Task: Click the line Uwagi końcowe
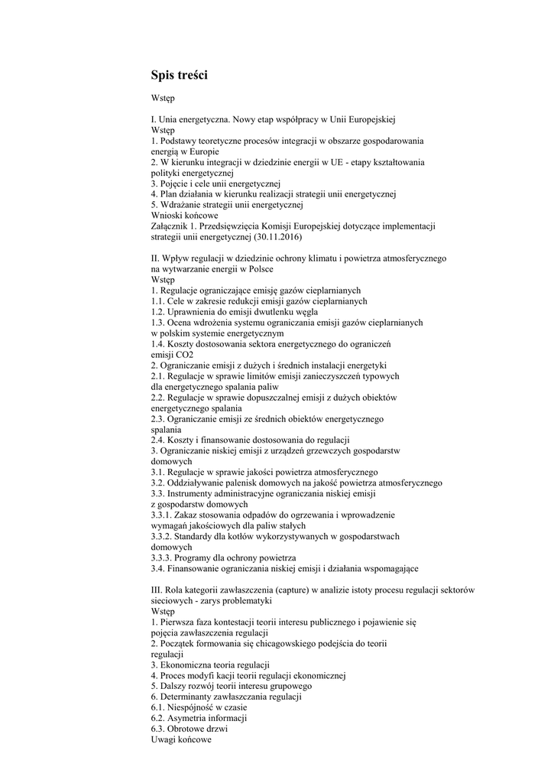click(x=181, y=740)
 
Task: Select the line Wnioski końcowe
click(x=184, y=215)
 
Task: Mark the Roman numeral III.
click(x=157, y=590)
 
